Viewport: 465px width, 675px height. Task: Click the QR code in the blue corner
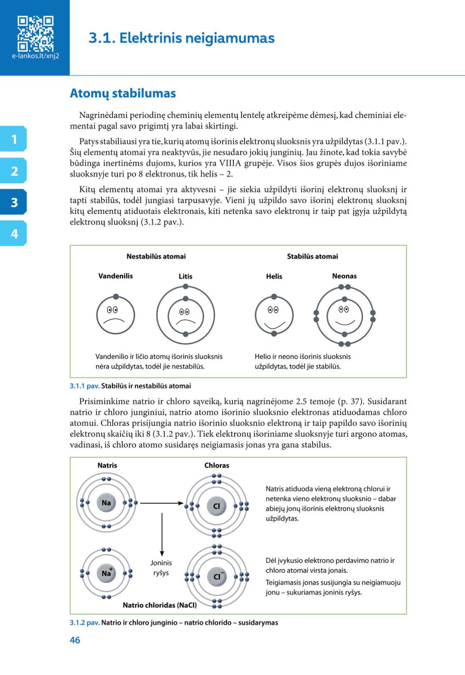click(35, 34)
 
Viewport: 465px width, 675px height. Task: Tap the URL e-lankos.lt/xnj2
click(35, 56)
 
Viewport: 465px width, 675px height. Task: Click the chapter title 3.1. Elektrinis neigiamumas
click(181, 38)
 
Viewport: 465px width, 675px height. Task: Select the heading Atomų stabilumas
click(123, 93)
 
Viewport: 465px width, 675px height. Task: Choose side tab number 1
click(14, 139)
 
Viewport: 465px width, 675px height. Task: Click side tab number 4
click(14, 234)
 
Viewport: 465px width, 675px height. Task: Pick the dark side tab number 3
click(14, 202)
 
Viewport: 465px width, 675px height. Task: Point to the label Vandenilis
click(115, 276)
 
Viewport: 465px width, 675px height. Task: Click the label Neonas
click(344, 276)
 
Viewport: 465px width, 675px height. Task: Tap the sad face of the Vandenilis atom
click(115, 316)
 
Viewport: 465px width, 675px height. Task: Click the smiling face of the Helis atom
click(274, 316)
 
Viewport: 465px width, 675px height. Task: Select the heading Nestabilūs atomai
click(156, 256)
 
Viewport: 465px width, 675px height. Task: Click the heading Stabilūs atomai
click(312, 256)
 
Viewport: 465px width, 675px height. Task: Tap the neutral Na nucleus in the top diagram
click(106, 503)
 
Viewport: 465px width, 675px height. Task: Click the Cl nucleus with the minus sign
click(217, 577)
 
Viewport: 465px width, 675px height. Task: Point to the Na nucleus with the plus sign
click(106, 573)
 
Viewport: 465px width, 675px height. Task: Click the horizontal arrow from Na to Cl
click(162, 503)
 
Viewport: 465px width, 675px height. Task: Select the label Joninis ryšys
click(161, 568)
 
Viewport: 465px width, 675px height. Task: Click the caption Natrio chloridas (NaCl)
click(160, 605)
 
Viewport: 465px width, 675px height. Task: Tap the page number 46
click(75, 640)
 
